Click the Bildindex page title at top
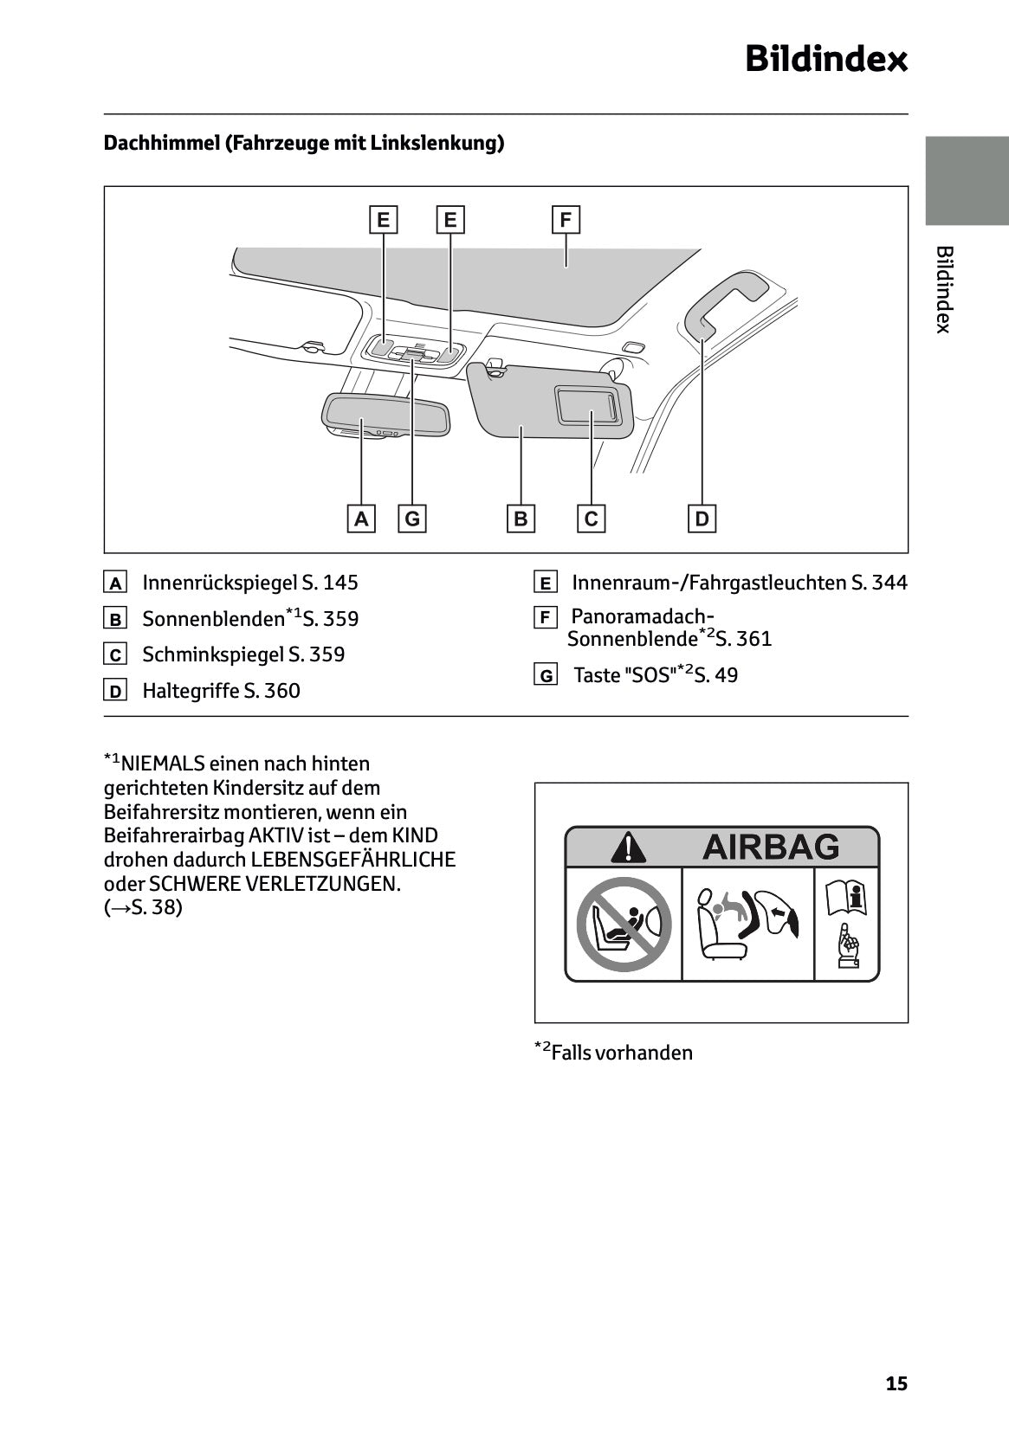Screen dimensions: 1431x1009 (x=825, y=60)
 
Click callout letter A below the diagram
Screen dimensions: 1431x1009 (x=361, y=519)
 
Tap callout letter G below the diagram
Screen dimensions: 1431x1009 (x=412, y=519)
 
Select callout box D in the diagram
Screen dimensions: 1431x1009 (x=702, y=519)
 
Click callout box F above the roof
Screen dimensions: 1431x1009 (x=566, y=220)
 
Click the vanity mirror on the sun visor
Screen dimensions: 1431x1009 (x=588, y=405)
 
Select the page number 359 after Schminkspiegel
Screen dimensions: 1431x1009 (x=327, y=654)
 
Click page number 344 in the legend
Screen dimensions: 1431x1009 (x=889, y=583)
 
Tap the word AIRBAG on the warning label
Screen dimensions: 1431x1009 (x=770, y=847)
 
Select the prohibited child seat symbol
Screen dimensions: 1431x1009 (x=624, y=924)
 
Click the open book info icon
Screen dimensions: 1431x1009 (x=846, y=898)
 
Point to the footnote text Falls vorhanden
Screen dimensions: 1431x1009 (x=621, y=1053)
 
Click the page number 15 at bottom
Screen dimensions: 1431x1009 (x=896, y=1383)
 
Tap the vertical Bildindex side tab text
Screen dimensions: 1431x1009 (x=944, y=289)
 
